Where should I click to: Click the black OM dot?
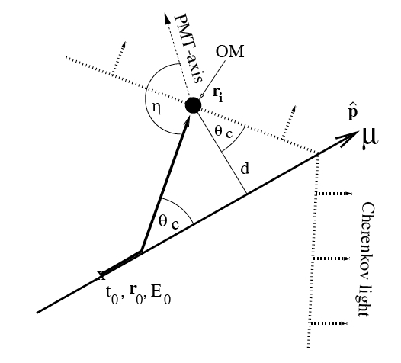193,105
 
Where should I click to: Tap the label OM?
230,51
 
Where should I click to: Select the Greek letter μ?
370,138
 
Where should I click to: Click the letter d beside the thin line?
245,168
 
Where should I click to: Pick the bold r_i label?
218,94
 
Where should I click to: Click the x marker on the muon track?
102,275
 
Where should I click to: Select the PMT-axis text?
189,49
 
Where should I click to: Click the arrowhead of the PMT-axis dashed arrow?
167,18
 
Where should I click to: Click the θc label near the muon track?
168,221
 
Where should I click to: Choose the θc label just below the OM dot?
223,133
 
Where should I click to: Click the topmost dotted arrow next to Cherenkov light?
333,194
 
